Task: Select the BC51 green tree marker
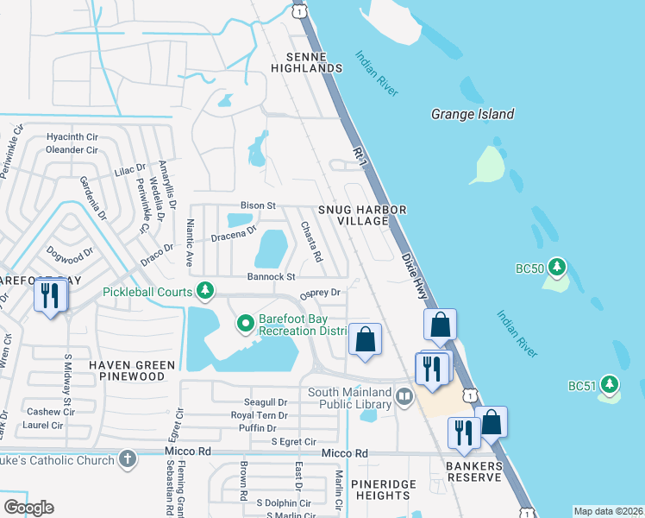point(610,382)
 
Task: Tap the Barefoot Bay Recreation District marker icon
point(245,324)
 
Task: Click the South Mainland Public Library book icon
point(404,398)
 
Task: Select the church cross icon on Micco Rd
point(127,458)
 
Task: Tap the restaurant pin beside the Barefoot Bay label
point(49,297)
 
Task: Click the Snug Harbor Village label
point(361,215)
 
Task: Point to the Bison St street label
point(257,205)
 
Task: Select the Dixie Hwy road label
point(414,276)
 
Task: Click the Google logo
point(28,507)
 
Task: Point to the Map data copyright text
point(608,511)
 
